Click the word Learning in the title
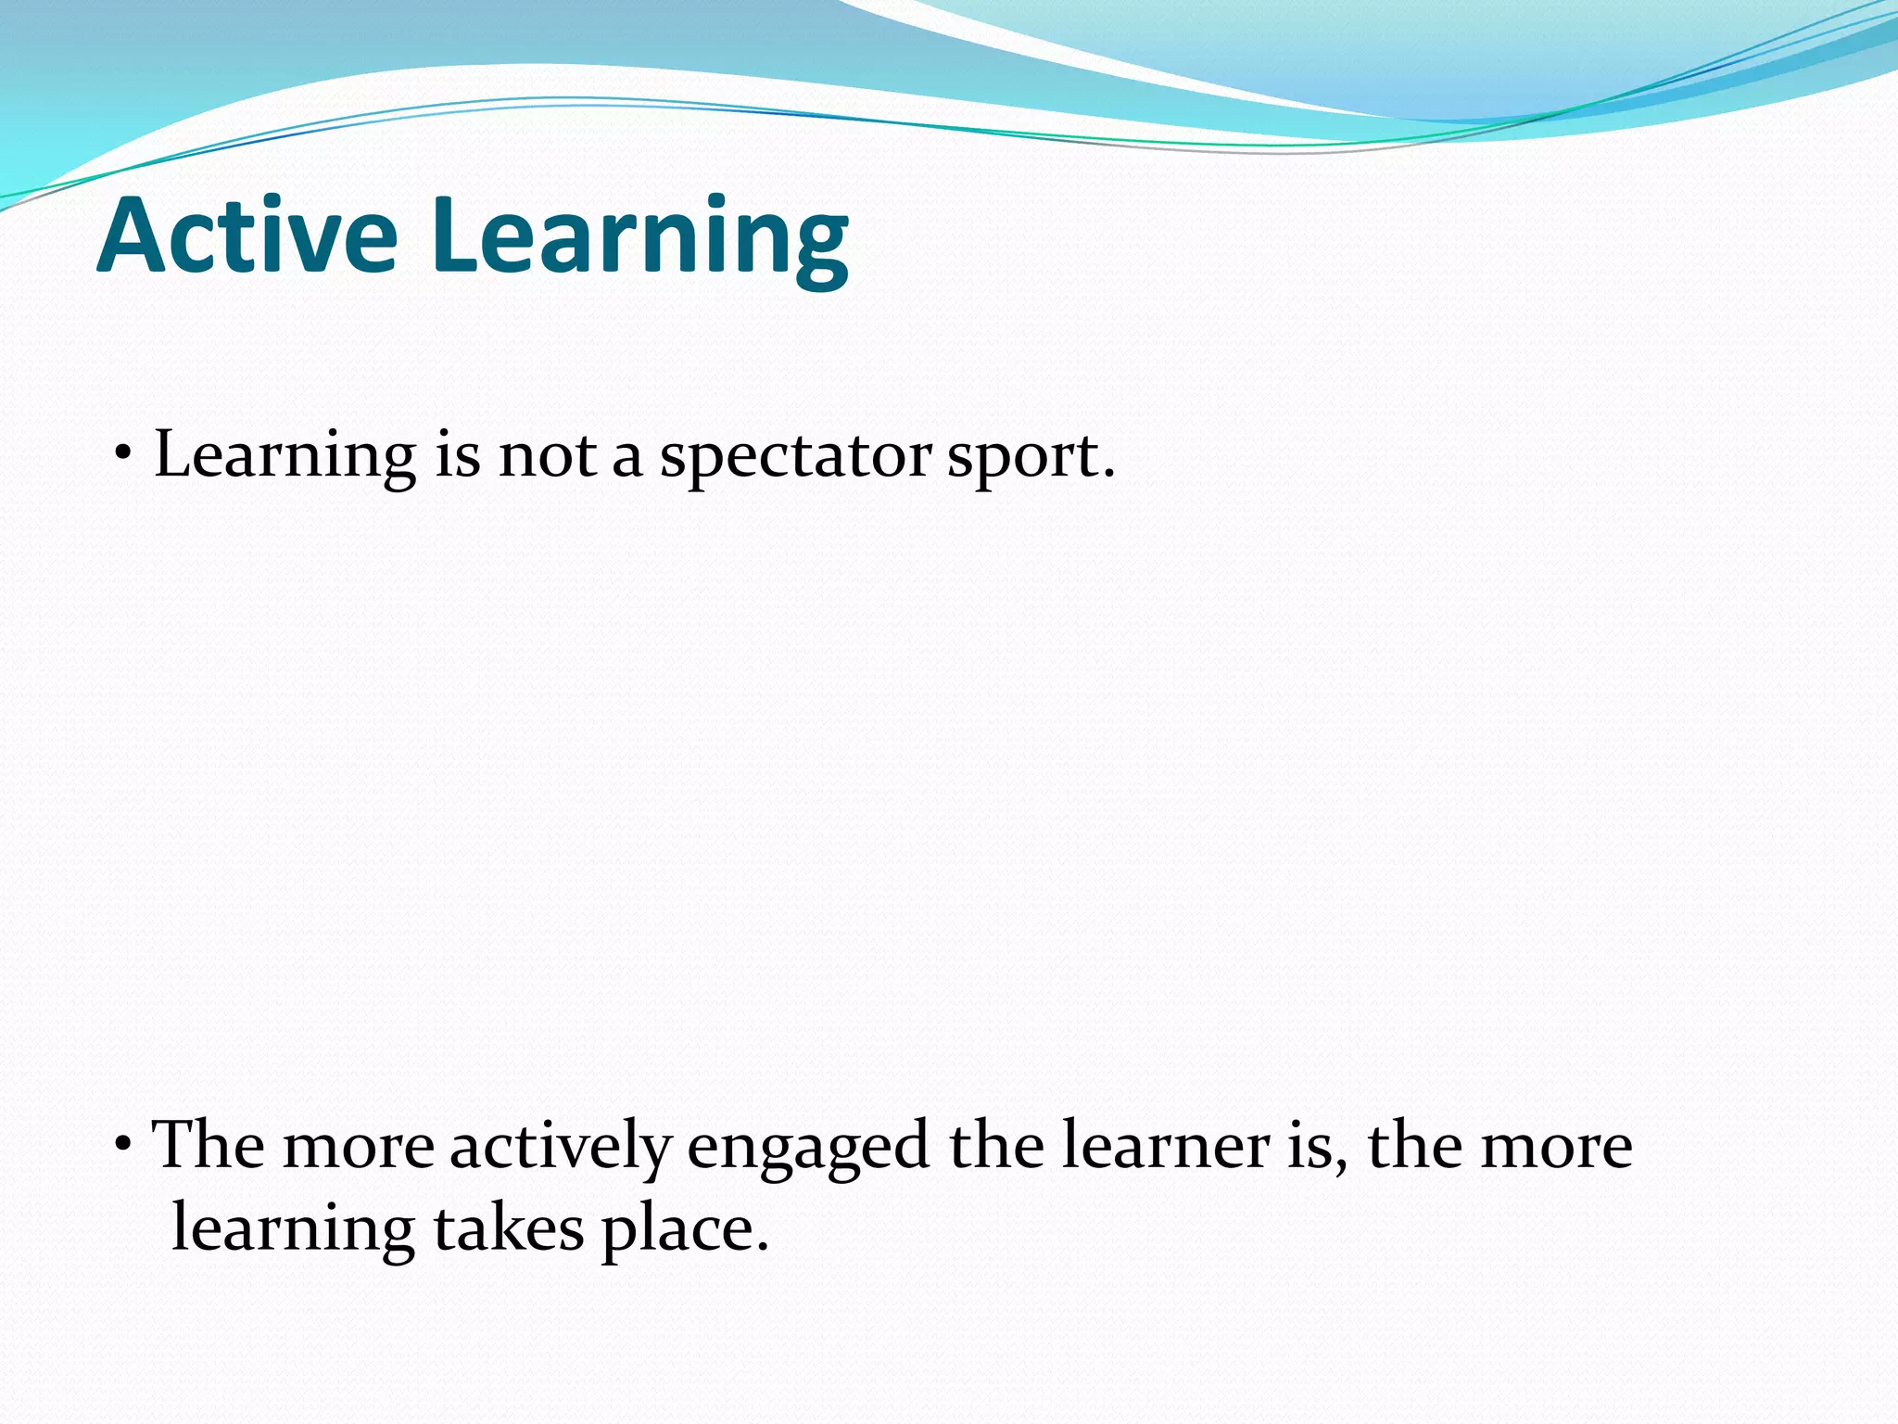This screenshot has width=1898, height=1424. pyautogui.click(x=639, y=239)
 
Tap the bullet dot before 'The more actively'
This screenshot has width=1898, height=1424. pyautogui.click(x=123, y=1147)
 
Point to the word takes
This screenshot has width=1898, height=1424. pyautogui.click(x=509, y=1229)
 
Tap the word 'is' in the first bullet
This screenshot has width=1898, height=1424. pyautogui.click(x=458, y=456)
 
